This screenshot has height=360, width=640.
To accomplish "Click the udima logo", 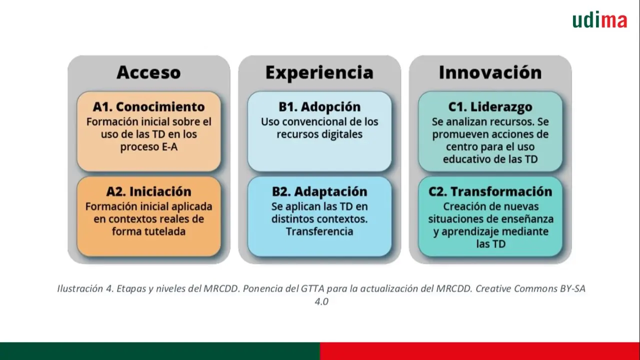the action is click(599, 19).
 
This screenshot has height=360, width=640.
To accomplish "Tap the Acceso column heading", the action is click(148, 72).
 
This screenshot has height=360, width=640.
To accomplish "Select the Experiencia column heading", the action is click(319, 72).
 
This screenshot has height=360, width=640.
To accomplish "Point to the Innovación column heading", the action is click(490, 72).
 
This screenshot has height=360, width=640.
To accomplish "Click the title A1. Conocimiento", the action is click(148, 107).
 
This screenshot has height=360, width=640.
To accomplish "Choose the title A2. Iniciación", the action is click(148, 191).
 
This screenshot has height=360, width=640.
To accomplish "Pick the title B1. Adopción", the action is click(319, 107).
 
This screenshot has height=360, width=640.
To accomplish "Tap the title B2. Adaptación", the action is click(319, 191).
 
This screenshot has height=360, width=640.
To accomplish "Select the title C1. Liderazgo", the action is click(490, 107).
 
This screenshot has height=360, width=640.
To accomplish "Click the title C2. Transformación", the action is click(490, 191).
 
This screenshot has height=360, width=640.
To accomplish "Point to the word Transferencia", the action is click(319, 231).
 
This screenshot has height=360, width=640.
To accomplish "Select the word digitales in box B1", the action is click(341, 134).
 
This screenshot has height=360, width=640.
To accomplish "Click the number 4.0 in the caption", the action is click(321, 301).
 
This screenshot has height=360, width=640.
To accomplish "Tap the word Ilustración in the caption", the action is click(80, 288).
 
